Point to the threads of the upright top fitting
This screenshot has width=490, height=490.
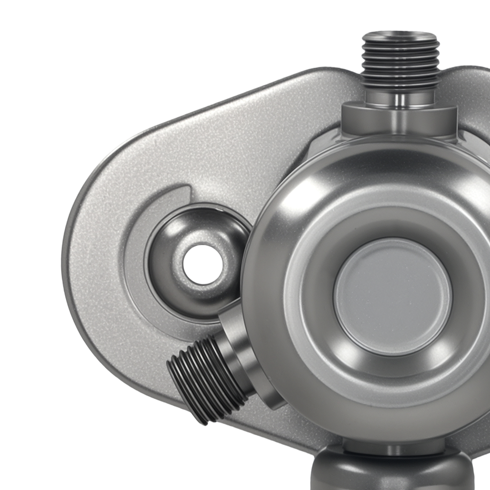tap(400, 64)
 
